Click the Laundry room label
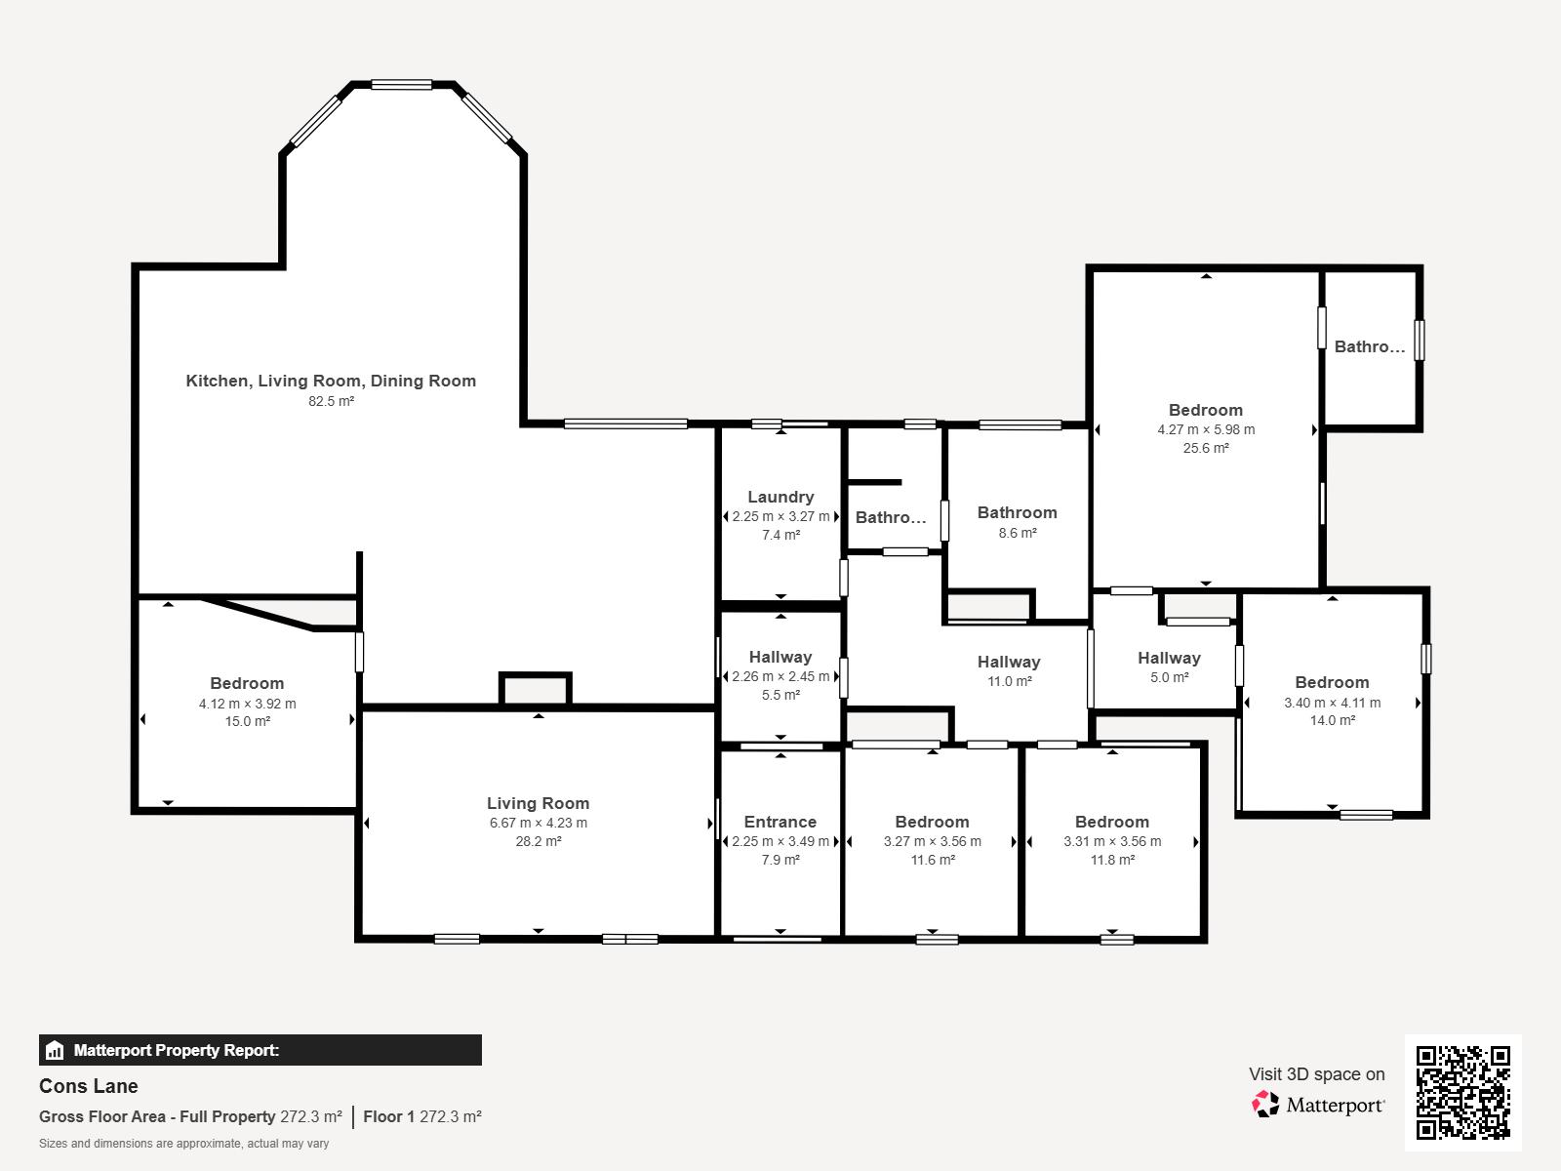tap(780, 497)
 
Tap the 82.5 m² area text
tap(331, 401)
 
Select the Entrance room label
tap(780, 822)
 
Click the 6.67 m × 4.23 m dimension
tap(539, 823)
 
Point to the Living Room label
tap(539, 803)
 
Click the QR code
tap(1462, 1092)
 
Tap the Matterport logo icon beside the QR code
tap(1265, 1105)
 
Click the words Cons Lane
tap(89, 1086)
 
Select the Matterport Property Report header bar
tap(260, 1050)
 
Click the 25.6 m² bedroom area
tap(1206, 448)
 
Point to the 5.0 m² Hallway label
tap(1169, 659)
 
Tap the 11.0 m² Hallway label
tap(1009, 663)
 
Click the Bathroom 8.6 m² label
tap(1017, 513)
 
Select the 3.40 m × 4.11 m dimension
tap(1332, 703)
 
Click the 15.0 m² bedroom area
tap(248, 721)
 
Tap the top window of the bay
tap(401, 85)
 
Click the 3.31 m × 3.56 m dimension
tap(1112, 841)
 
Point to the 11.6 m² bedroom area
tap(933, 860)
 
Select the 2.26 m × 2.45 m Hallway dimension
tap(780, 676)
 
